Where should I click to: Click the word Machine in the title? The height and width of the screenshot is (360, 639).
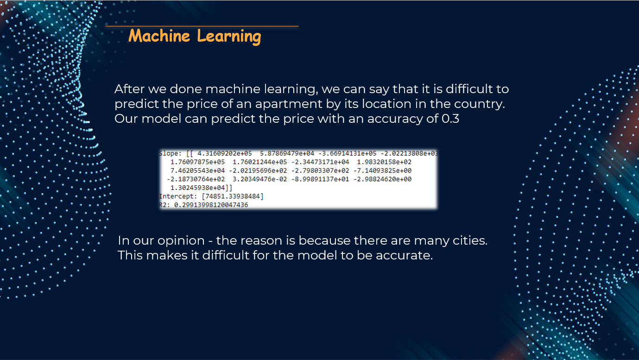159,36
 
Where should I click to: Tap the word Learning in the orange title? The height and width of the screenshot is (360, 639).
229,37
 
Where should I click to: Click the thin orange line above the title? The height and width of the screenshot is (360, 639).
202,26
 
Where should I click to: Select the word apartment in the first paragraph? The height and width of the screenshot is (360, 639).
289,104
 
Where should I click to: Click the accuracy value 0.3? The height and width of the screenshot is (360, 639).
450,119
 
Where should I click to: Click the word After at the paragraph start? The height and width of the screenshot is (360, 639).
129,89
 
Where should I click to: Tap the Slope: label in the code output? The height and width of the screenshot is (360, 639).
170,153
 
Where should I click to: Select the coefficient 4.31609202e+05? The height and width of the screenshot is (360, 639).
224,153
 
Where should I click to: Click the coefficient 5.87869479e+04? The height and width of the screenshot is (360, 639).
287,153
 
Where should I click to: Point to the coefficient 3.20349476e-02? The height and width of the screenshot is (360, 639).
259,179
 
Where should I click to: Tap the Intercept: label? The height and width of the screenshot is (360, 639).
178,196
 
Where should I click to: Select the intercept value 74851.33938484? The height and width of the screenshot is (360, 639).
233,196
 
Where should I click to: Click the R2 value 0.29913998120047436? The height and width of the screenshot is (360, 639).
211,205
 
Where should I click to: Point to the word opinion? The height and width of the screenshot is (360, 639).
181,241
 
